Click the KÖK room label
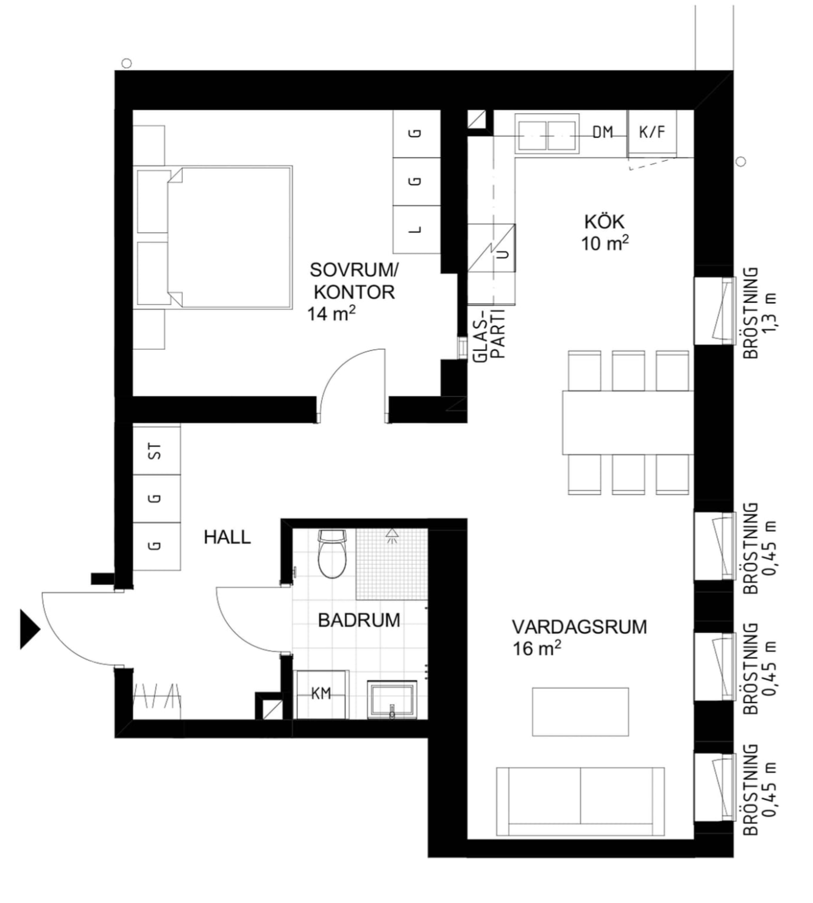(x=598, y=222)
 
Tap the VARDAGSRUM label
(x=579, y=627)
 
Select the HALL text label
(x=227, y=537)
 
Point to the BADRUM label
(x=359, y=620)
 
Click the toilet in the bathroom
(x=332, y=554)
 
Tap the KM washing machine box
(x=321, y=693)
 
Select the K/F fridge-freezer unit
(x=652, y=133)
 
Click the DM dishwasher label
(x=603, y=132)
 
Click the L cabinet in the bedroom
(x=416, y=230)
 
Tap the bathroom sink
(x=392, y=699)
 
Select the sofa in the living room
(x=580, y=802)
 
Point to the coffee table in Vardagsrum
(x=580, y=712)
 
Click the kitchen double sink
(x=547, y=135)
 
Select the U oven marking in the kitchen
(x=505, y=254)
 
